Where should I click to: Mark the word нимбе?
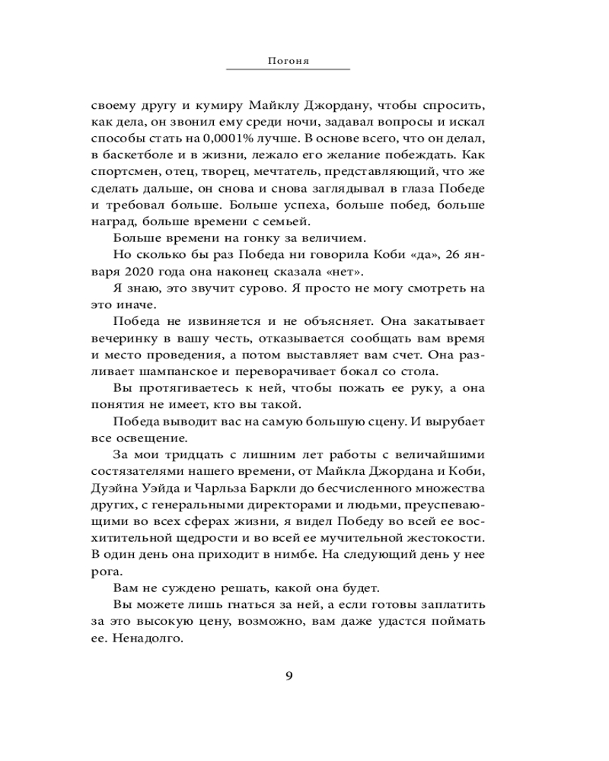click(292, 553)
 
